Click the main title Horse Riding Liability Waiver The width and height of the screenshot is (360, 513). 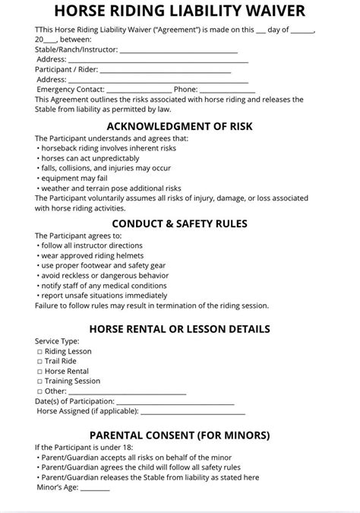pyautogui.click(x=180, y=12)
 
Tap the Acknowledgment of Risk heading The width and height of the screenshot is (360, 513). pyautogui.click(x=180, y=125)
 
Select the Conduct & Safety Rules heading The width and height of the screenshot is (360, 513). pyautogui.click(x=180, y=223)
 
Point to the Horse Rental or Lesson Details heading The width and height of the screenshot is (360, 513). pyautogui.click(x=180, y=329)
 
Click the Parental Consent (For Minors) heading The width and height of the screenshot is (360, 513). pyautogui.click(x=180, y=435)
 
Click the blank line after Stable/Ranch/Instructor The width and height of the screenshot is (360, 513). pyautogui.click(x=179, y=50)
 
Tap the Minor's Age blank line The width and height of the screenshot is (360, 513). pyautogui.click(x=90, y=489)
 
